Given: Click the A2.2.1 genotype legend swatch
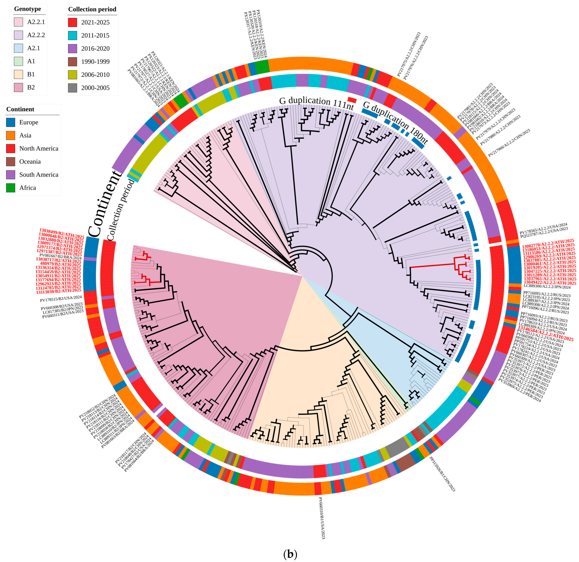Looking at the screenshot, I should coord(18,22).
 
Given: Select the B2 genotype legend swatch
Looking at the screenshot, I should coord(18,87).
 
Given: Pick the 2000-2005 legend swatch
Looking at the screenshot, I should coord(72,88).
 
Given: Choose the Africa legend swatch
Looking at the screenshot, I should coord(11,188).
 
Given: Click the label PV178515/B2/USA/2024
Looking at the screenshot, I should coord(61,299).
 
